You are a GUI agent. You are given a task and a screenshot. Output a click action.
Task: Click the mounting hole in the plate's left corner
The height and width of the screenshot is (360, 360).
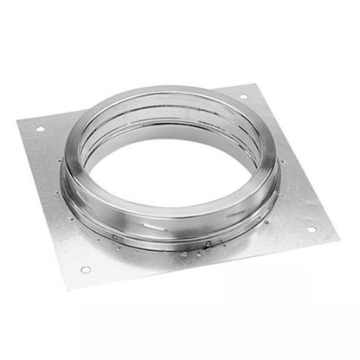click(x=40, y=129)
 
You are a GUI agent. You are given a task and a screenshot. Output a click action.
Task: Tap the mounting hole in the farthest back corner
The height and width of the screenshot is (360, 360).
click(x=243, y=96)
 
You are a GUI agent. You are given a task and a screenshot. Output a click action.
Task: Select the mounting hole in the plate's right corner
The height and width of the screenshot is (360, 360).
click(x=312, y=229)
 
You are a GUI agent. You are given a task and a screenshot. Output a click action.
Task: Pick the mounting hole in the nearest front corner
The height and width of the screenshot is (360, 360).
click(x=86, y=269)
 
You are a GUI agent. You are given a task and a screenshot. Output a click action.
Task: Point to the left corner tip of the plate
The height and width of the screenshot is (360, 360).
click(x=17, y=121)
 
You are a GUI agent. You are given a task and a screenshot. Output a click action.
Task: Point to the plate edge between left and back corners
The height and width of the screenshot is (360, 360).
click(x=130, y=103)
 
